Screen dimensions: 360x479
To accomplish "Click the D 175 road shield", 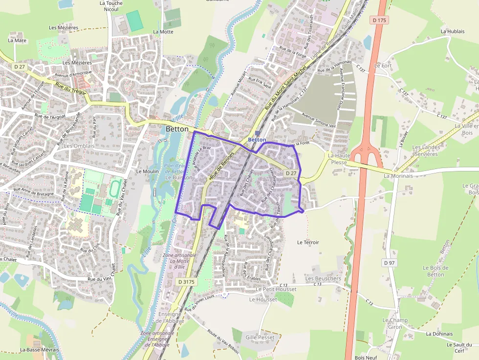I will coord(379,20).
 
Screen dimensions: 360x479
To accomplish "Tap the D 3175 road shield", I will coord(186,282).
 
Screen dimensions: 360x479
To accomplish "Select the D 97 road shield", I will coord(389,263).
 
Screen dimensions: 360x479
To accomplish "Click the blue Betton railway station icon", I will coord(258,133).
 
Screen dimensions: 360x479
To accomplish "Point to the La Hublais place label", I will coord(452,31).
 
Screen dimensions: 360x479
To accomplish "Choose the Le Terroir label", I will coord(308,242).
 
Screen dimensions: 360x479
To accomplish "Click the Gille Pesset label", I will coord(260,338).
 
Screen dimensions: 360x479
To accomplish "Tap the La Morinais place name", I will coord(398,176).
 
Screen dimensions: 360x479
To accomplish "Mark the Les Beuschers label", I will coord(323,278).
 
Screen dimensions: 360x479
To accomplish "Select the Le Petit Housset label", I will coord(276,289).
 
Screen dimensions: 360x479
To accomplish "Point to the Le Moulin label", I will coord(147,171).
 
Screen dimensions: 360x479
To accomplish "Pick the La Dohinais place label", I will coord(439,334).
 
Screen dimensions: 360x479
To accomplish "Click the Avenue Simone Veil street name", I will coord(319,120).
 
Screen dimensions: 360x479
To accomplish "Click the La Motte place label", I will coord(163,32).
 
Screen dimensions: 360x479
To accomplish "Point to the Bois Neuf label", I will coord(363,357).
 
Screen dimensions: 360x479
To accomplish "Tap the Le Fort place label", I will coord(383,65).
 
